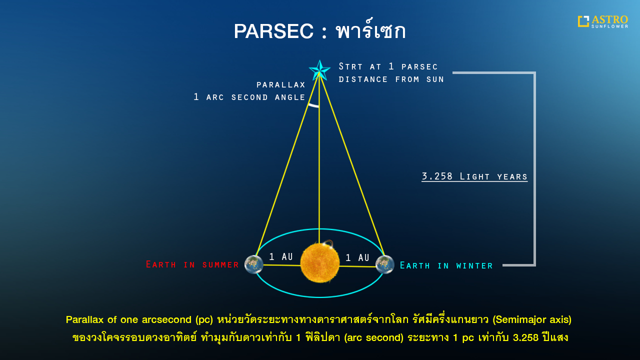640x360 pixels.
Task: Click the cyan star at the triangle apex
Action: pyautogui.click(x=319, y=70)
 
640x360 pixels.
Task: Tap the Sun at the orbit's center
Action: pyautogui.click(x=320, y=263)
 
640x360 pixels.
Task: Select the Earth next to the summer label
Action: pyautogui.click(x=253, y=264)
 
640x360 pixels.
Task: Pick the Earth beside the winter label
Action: pyautogui.click(x=384, y=264)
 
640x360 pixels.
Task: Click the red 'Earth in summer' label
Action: pyautogui.click(x=192, y=264)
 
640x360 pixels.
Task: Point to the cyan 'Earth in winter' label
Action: pyautogui.click(x=446, y=265)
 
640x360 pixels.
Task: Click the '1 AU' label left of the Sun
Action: pyautogui.click(x=280, y=257)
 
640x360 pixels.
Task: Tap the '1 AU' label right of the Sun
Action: pyautogui.click(x=357, y=258)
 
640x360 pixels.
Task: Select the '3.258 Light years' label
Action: pyautogui.click(x=474, y=176)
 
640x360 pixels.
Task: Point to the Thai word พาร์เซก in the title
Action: pyautogui.click(x=370, y=31)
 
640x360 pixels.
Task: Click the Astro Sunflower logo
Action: pyautogui.click(x=602, y=21)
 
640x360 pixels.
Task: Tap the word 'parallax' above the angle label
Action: pyautogui.click(x=280, y=85)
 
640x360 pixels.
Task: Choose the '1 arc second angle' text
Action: pyautogui.click(x=249, y=97)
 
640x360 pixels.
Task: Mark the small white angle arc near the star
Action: pyautogui.click(x=313, y=105)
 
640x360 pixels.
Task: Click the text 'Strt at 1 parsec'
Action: pyautogui.click(x=388, y=66)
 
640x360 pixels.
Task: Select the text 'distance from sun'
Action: pyautogui.click(x=391, y=79)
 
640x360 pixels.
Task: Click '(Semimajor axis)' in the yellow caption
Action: pyautogui.click(x=532, y=319)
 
